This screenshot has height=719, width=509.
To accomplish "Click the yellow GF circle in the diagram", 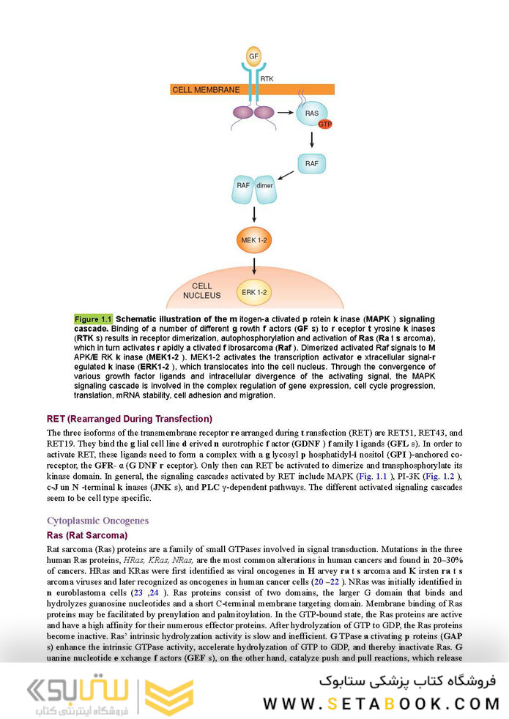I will click(x=253, y=56).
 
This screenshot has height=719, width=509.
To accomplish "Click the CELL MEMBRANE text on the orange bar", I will click(x=206, y=89).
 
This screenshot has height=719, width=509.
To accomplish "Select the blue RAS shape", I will click(x=311, y=114).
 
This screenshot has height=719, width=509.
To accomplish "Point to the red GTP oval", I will click(x=325, y=124).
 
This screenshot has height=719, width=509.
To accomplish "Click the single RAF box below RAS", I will click(x=311, y=163).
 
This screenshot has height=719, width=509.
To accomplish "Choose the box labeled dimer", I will click(x=264, y=186).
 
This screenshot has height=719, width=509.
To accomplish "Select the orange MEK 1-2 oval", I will click(x=253, y=239).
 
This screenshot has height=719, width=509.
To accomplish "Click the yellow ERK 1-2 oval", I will click(x=253, y=292).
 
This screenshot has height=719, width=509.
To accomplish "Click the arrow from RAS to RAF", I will click(x=311, y=139).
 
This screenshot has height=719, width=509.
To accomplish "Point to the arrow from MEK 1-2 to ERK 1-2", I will click(x=253, y=265).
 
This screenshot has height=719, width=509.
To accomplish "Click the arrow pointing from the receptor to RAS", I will click(x=285, y=113).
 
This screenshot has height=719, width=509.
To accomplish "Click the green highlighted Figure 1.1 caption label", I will click(x=93, y=319).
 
